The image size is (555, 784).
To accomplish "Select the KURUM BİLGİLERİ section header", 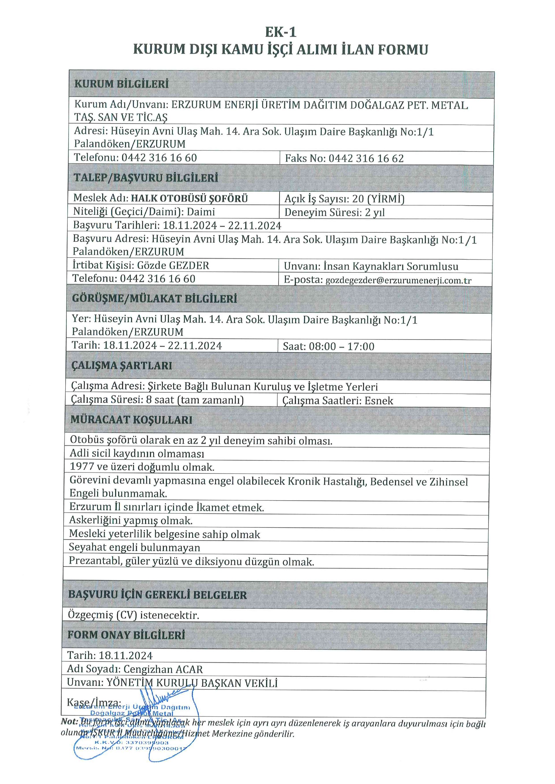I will click(x=122, y=84).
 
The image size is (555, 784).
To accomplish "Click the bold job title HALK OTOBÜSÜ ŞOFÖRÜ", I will click(x=189, y=198).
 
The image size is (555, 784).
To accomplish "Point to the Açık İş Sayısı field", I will click(x=344, y=199).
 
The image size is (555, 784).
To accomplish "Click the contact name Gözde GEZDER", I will click(x=173, y=265).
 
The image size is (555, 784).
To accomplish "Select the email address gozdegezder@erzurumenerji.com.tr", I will click(x=398, y=280).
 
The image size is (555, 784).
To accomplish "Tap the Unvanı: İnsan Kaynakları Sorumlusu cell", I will click(x=371, y=266).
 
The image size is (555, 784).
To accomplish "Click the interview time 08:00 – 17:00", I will click(x=341, y=347).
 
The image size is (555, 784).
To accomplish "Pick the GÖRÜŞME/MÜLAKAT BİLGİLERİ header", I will click(x=154, y=299).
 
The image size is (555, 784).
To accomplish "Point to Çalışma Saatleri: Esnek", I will click(x=337, y=401).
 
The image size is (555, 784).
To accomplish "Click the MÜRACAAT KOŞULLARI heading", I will click(x=131, y=420).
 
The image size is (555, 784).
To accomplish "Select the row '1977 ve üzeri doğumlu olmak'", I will click(x=142, y=467).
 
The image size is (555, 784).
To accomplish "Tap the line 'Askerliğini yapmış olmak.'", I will click(x=131, y=520).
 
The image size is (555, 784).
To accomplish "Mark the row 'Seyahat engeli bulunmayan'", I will click(x=134, y=548).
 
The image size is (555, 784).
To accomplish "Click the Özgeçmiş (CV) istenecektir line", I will click(x=133, y=615).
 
